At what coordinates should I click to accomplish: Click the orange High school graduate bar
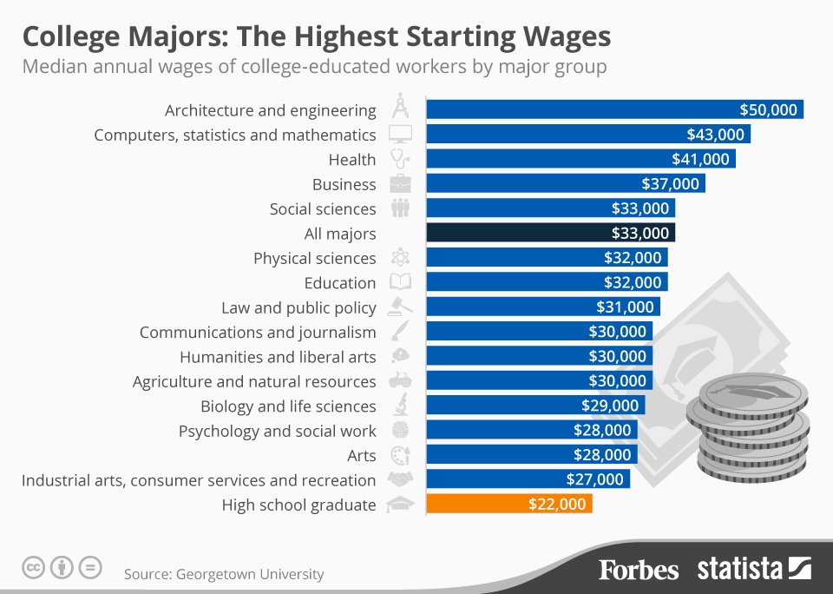click(x=508, y=505)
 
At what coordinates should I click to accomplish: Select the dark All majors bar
click(x=550, y=234)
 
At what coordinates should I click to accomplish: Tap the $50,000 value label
click(x=768, y=110)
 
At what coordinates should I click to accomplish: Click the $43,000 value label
click(x=715, y=135)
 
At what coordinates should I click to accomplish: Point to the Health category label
click(x=352, y=160)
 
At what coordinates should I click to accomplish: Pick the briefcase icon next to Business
click(x=400, y=184)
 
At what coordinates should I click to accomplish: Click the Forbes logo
click(x=638, y=570)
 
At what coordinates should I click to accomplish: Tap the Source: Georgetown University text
click(x=224, y=574)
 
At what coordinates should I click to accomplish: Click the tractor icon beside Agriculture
click(x=400, y=381)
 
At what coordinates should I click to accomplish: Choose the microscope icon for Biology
click(x=400, y=406)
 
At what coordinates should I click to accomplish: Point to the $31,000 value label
click(x=625, y=307)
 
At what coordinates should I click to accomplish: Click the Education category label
click(x=340, y=283)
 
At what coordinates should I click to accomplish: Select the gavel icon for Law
click(x=400, y=307)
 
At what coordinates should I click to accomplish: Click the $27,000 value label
click(x=595, y=479)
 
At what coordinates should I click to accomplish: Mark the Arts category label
click(x=361, y=455)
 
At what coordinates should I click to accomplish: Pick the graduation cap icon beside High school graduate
click(x=400, y=505)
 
